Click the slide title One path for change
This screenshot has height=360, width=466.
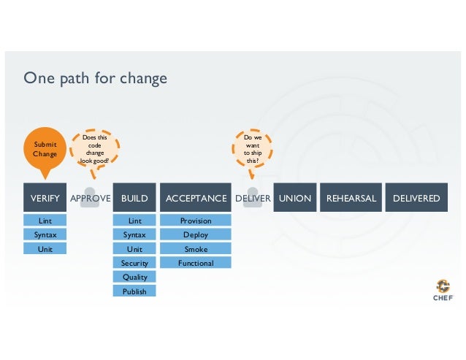tap(95, 77)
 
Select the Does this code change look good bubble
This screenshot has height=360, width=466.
tap(95, 149)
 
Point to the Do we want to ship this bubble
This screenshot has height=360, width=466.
tap(252, 148)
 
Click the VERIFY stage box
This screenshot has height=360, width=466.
tap(45, 198)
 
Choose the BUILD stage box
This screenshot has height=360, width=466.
tap(134, 198)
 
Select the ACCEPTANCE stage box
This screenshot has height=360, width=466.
tap(196, 198)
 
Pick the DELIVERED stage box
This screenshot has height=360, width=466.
tap(416, 198)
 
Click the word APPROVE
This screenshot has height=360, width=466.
tap(90, 198)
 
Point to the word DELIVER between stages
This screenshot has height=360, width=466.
tap(253, 198)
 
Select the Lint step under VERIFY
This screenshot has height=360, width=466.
tap(45, 221)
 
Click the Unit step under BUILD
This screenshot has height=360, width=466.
tap(134, 249)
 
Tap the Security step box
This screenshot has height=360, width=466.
tap(134, 263)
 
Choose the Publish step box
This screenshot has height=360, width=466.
tap(134, 291)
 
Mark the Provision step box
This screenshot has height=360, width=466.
tap(196, 221)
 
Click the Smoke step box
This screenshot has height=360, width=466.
tap(196, 249)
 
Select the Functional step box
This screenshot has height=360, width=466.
tap(196, 263)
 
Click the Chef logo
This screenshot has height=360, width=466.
tap(443, 289)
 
